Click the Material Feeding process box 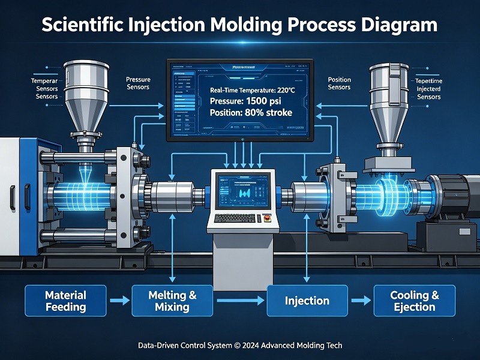click(65, 301)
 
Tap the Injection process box click(307, 301)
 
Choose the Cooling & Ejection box click(415, 301)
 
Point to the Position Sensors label click(340, 83)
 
